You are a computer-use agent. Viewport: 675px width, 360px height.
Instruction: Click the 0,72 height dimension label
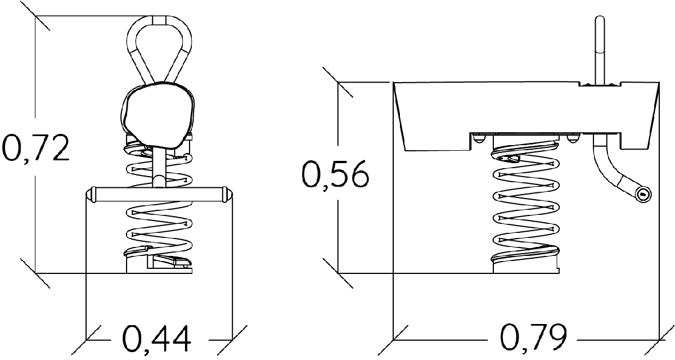pyautogui.click(x=35, y=147)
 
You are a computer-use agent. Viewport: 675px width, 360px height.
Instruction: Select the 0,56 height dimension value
pyautogui.click(x=335, y=176)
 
